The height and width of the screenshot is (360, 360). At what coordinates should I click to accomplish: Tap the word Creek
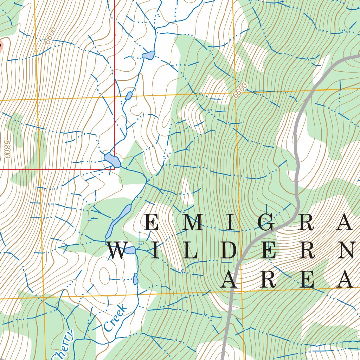point(115,318)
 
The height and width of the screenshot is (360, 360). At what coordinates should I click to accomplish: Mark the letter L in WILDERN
point(191,251)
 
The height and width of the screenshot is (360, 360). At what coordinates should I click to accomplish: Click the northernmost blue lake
point(148,55)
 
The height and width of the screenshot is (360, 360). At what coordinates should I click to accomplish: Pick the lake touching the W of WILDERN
point(130,250)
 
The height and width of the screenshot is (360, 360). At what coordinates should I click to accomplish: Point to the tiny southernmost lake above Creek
point(135,279)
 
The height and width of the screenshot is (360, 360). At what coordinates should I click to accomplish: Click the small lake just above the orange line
point(129,95)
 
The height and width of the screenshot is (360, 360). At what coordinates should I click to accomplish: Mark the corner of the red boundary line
point(115,169)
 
